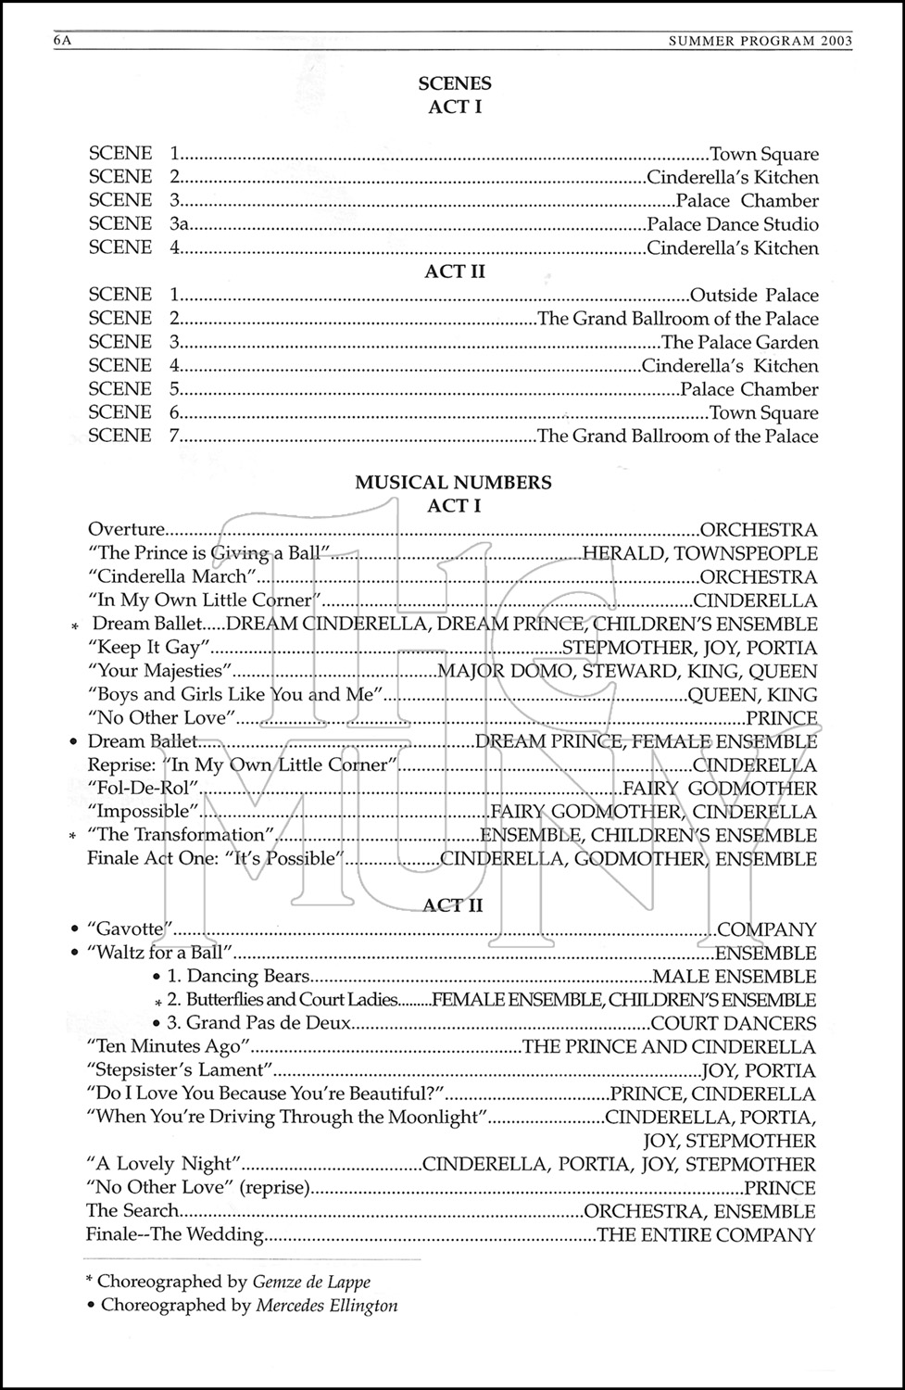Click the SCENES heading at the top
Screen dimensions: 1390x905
tap(455, 83)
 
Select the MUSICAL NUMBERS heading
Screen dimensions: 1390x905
tap(454, 482)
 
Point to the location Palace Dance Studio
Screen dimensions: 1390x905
tap(733, 224)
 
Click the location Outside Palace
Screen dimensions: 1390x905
tap(754, 296)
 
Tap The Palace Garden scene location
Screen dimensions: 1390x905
tap(739, 343)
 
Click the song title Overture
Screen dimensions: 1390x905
tap(126, 530)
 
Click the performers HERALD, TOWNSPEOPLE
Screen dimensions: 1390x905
tap(699, 554)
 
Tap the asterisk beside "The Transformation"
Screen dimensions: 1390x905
tap(73, 837)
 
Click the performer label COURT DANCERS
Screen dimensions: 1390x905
tap(734, 1024)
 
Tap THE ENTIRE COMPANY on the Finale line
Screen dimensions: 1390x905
tap(707, 1235)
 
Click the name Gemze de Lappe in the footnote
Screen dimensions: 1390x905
tap(311, 1283)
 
